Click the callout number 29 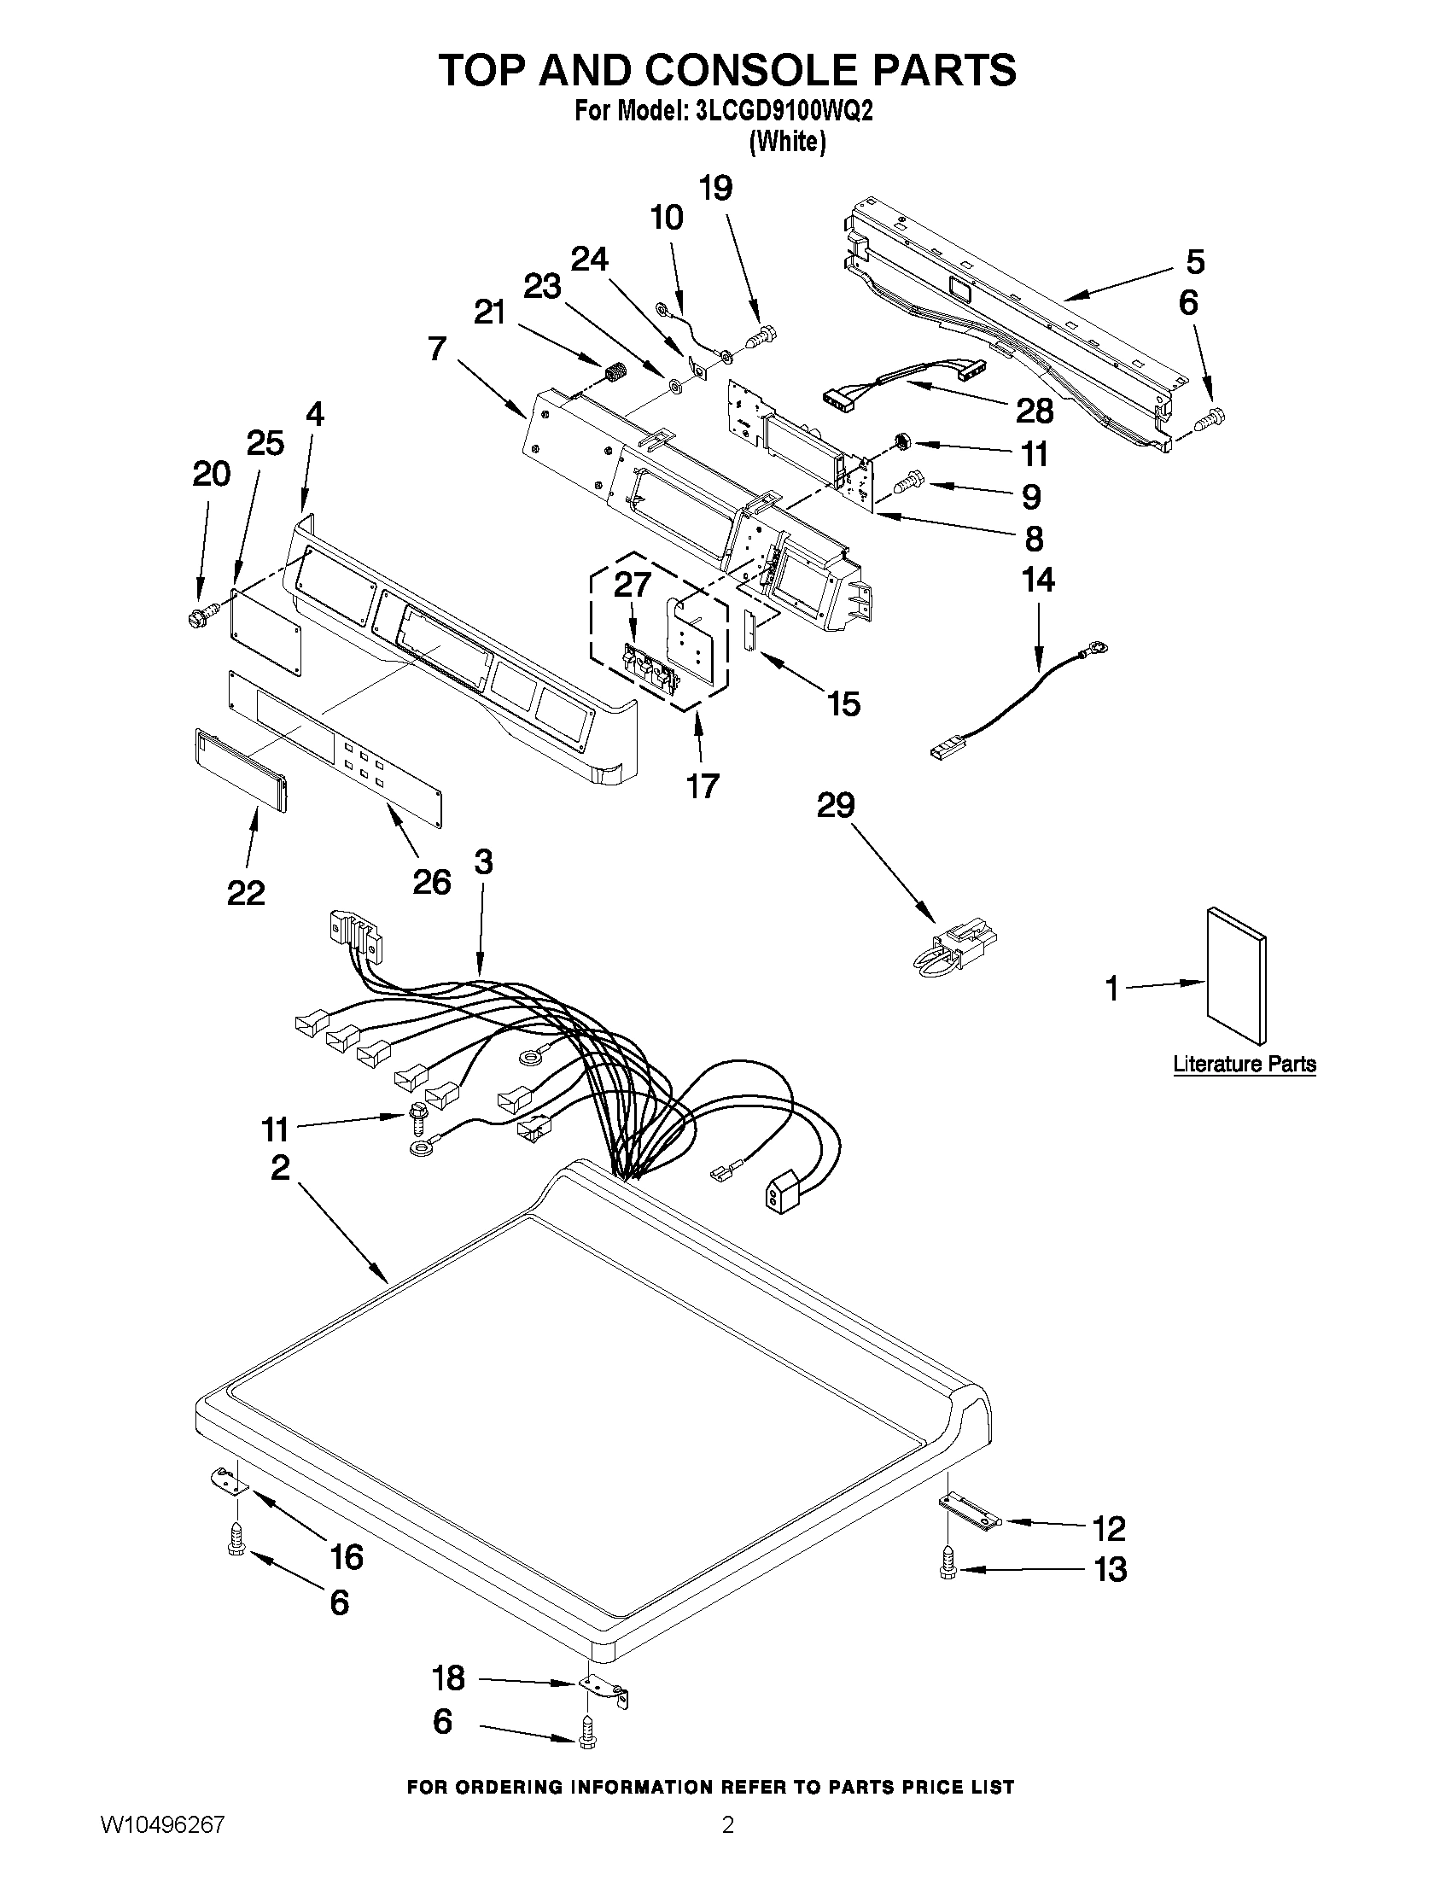pyautogui.click(x=835, y=806)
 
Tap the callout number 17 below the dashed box pyautogui.click(x=702, y=785)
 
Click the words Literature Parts pyautogui.click(x=1244, y=1065)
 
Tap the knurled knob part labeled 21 pyautogui.click(x=611, y=374)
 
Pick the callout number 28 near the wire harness pyautogui.click(x=1034, y=411)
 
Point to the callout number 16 pyautogui.click(x=346, y=1556)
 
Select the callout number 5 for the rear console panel pyautogui.click(x=1195, y=261)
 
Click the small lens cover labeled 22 pyautogui.click(x=240, y=770)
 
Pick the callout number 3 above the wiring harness pyautogui.click(x=483, y=861)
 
